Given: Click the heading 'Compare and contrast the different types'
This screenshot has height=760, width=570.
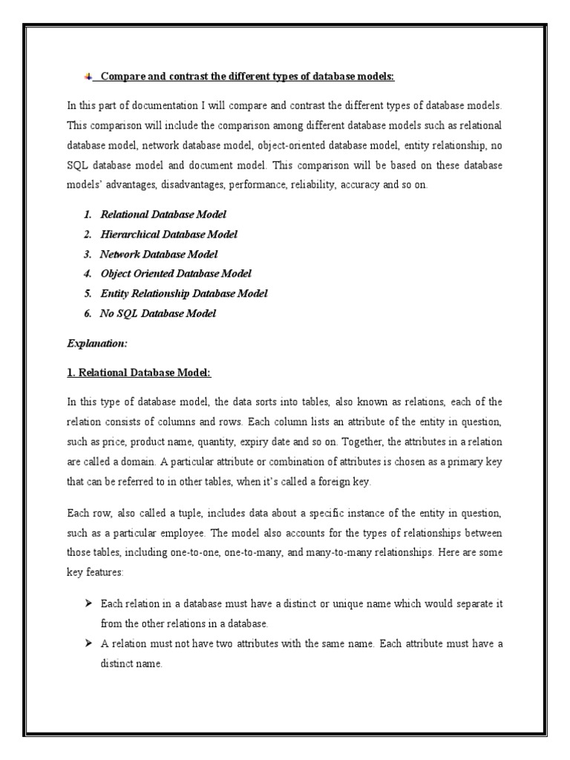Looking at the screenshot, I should pyautogui.click(x=247, y=76).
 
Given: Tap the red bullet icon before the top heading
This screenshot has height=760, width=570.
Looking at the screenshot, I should pyautogui.click(x=88, y=76).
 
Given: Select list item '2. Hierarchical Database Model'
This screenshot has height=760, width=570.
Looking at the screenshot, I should pyautogui.click(x=160, y=234).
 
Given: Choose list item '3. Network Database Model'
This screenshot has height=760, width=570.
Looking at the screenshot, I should pyautogui.click(x=148, y=254).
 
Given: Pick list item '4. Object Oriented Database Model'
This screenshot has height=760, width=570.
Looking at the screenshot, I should pyautogui.click(x=168, y=273).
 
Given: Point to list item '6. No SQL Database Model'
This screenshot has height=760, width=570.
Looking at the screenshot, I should pyautogui.click(x=150, y=313).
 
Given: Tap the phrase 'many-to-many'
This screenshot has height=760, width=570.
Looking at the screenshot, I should pyautogui.click(x=344, y=552).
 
